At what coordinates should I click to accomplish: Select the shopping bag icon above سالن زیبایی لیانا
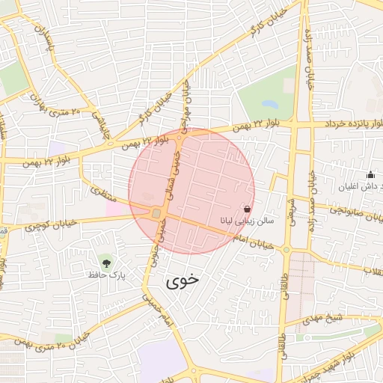[x=248, y=210]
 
